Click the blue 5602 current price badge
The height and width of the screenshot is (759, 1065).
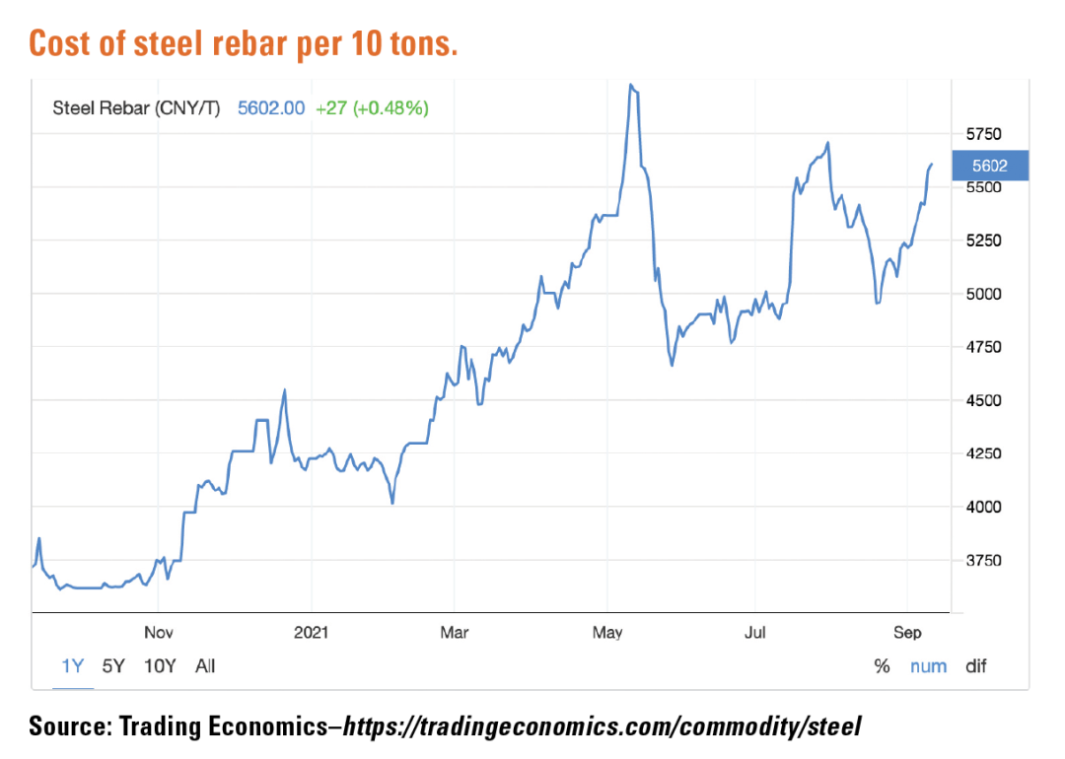coord(990,166)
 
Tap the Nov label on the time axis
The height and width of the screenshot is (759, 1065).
coord(159,632)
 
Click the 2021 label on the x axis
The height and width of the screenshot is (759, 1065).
coord(312,632)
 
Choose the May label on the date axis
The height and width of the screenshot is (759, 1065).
coord(607,632)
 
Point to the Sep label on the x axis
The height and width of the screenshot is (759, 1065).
coord(907,632)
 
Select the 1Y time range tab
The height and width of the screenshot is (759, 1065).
coord(73,666)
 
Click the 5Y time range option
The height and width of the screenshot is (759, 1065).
coord(113,666)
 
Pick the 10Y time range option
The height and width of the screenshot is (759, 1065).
coord(160,666)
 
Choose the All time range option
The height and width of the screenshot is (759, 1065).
coord(205,666)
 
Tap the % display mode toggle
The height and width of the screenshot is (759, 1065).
coord(882,666)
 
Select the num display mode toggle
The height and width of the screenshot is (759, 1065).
coord(928,666)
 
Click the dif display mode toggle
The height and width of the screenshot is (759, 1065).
coord(975,666)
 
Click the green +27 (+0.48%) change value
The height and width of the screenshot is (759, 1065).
coord(372,108)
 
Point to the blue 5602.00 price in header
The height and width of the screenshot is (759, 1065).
coord(271,108)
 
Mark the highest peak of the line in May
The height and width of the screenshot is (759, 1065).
coord(630,85)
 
